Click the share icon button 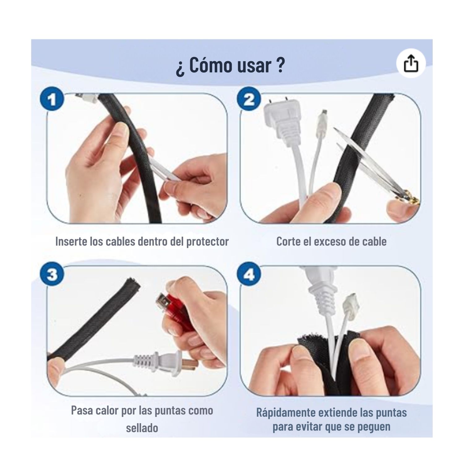(x=411, y=63)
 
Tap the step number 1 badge (x=52, y=100)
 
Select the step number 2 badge (x=249, y=100)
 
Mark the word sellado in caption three (x=142, y=428)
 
